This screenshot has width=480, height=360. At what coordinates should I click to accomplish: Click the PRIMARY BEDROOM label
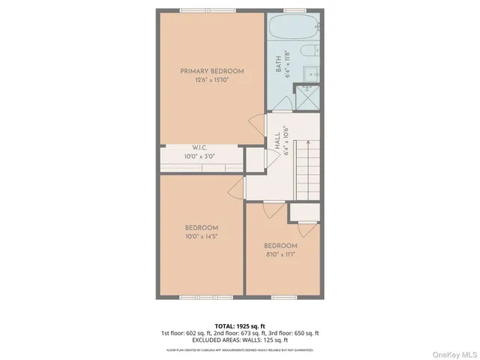click(x=211, y=71)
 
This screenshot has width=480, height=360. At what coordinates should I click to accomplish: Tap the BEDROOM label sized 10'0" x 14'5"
click(x=202, y=228)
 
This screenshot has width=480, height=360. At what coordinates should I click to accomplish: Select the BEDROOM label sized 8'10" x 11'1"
click(x=280, y=246)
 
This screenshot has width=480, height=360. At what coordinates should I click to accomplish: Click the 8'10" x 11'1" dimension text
click(x=280, y=255)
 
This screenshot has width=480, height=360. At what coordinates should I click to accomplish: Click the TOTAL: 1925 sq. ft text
click(x=240, y=325)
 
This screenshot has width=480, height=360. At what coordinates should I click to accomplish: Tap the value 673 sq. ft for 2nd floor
click(x=253, y=333)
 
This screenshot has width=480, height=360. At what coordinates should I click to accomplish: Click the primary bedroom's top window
click(x=200, y=10)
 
